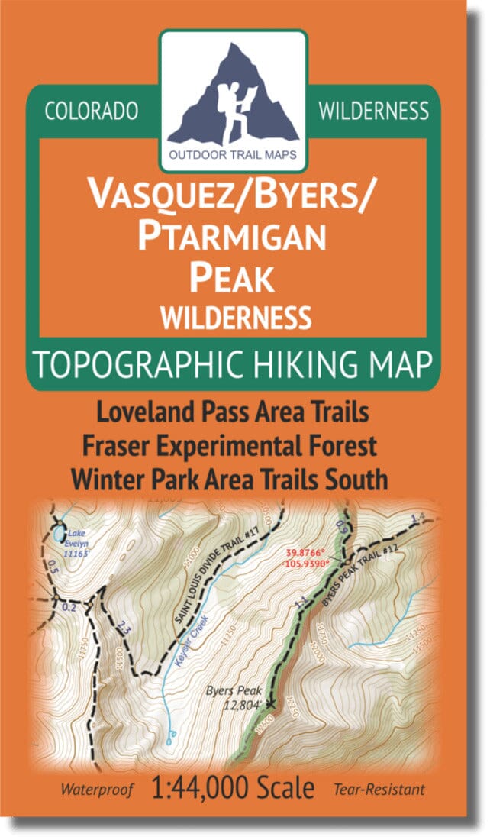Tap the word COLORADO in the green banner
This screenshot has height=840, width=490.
(x=92, y=111)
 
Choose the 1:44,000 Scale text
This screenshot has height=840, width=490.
(x=243, y=787)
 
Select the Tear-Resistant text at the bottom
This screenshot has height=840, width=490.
(x=379, y=788)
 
